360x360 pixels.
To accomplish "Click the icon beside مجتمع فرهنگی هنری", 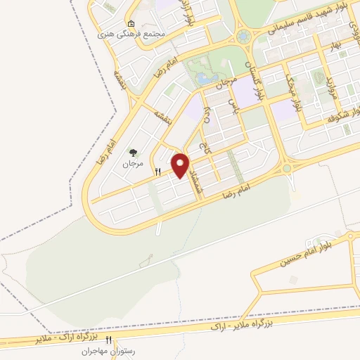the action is point(131,22).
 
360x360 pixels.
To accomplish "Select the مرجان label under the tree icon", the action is point(132,164).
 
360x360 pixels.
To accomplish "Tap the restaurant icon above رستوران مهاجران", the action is point(108,340).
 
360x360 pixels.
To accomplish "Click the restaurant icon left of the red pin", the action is point(158,171).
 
